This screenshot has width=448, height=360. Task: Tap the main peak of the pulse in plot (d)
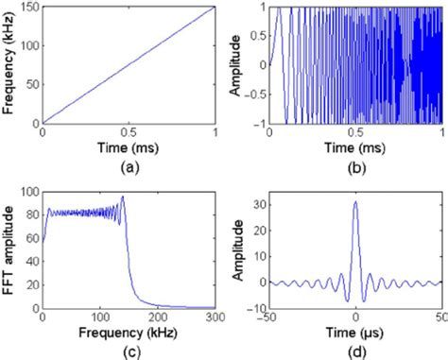(x=355, y=201)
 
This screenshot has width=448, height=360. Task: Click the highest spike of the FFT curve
(x=123, y=197)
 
